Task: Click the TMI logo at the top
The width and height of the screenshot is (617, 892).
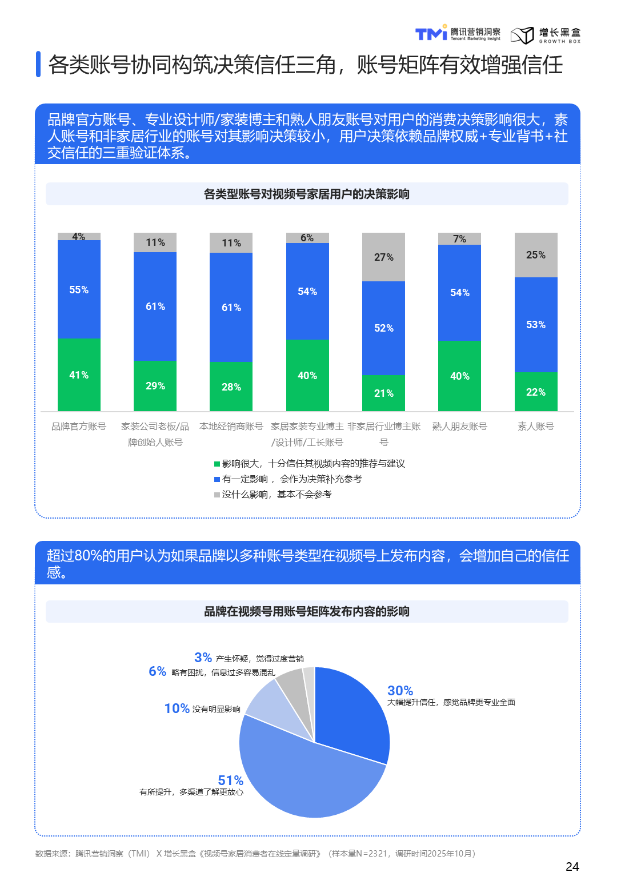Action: (x=431, y=34)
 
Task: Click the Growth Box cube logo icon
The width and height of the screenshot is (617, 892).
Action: (x=522, y=35)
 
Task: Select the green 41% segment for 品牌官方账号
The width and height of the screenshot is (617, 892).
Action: (x=79, y=375)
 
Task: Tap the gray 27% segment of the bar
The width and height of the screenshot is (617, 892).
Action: (x=383, y=257)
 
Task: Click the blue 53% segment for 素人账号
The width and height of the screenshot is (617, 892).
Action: (x=536, y=325)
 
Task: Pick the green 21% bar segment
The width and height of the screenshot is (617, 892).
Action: (x=383, y=393)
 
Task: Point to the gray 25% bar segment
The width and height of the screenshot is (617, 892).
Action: (x=536, y=255)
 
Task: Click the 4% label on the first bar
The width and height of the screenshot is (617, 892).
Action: (x=79, y=237)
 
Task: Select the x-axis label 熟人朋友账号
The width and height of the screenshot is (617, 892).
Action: (x=459, y=427)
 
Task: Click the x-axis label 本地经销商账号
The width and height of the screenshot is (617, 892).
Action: (x=231, y=427)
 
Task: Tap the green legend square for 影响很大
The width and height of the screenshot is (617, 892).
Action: (x=217, y=464)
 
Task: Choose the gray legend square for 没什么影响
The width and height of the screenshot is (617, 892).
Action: (x=217, y=495)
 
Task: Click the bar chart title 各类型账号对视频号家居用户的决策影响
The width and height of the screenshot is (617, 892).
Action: (x=307, y=194)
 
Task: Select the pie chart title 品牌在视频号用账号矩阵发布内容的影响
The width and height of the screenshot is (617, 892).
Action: (x=307, y=611)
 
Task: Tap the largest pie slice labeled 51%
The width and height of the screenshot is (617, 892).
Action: (x=308, y=778)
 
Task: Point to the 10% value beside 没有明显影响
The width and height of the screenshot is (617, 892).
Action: (x=177, y=708)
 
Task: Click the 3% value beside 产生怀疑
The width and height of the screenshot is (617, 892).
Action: (x=203, y=658)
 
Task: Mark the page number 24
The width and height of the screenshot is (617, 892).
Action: (x=572, y=867)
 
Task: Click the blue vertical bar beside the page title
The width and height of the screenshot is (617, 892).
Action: (x=38, y=64)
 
